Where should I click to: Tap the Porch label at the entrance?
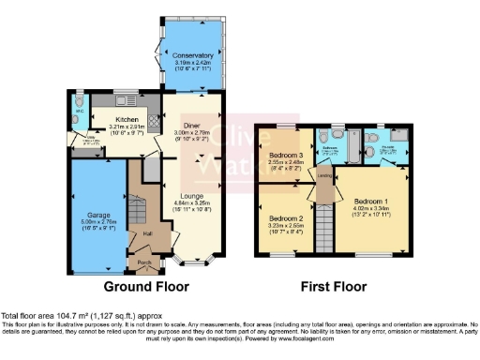143,262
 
